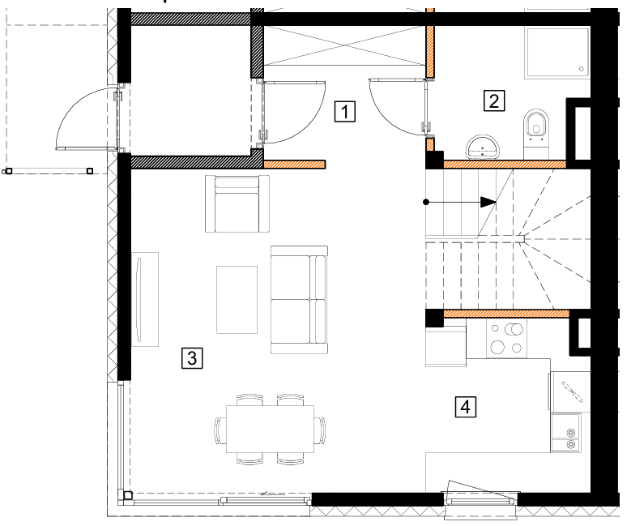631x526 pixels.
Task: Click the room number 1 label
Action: click(345, 111)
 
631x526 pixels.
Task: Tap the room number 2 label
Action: click(494, 100)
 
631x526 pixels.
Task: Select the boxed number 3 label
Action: click(192, 357)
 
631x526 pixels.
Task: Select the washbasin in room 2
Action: click(483, 147)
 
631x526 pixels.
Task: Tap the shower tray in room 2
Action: click(557, 53)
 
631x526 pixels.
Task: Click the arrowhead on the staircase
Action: click(488, 202)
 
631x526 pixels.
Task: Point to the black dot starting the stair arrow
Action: click(426, 202)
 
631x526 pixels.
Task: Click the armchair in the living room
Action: click(237, 203)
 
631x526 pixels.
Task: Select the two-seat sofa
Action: click(299, 300)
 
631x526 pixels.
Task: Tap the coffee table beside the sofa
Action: click(237, 300)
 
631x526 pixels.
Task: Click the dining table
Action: click(270, 429)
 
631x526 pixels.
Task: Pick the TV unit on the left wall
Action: click(145, 299)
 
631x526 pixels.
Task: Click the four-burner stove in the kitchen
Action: click(506, 338)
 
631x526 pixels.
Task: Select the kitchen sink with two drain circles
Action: click(566, 432)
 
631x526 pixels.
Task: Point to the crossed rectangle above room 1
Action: click(345, 45)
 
